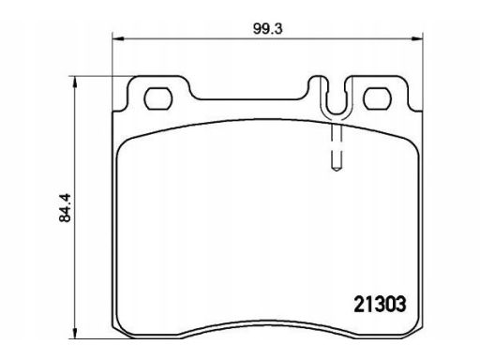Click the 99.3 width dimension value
point(267,29)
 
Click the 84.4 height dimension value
point(65,208)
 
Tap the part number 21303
point(380,304)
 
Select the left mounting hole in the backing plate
point(158,98)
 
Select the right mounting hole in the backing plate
point(377,98)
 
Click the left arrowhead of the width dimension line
point(118,38)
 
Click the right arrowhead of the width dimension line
point(417,38)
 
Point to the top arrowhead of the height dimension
point(74,82)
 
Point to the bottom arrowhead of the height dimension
point(74,333)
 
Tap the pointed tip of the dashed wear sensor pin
point(337,171)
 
